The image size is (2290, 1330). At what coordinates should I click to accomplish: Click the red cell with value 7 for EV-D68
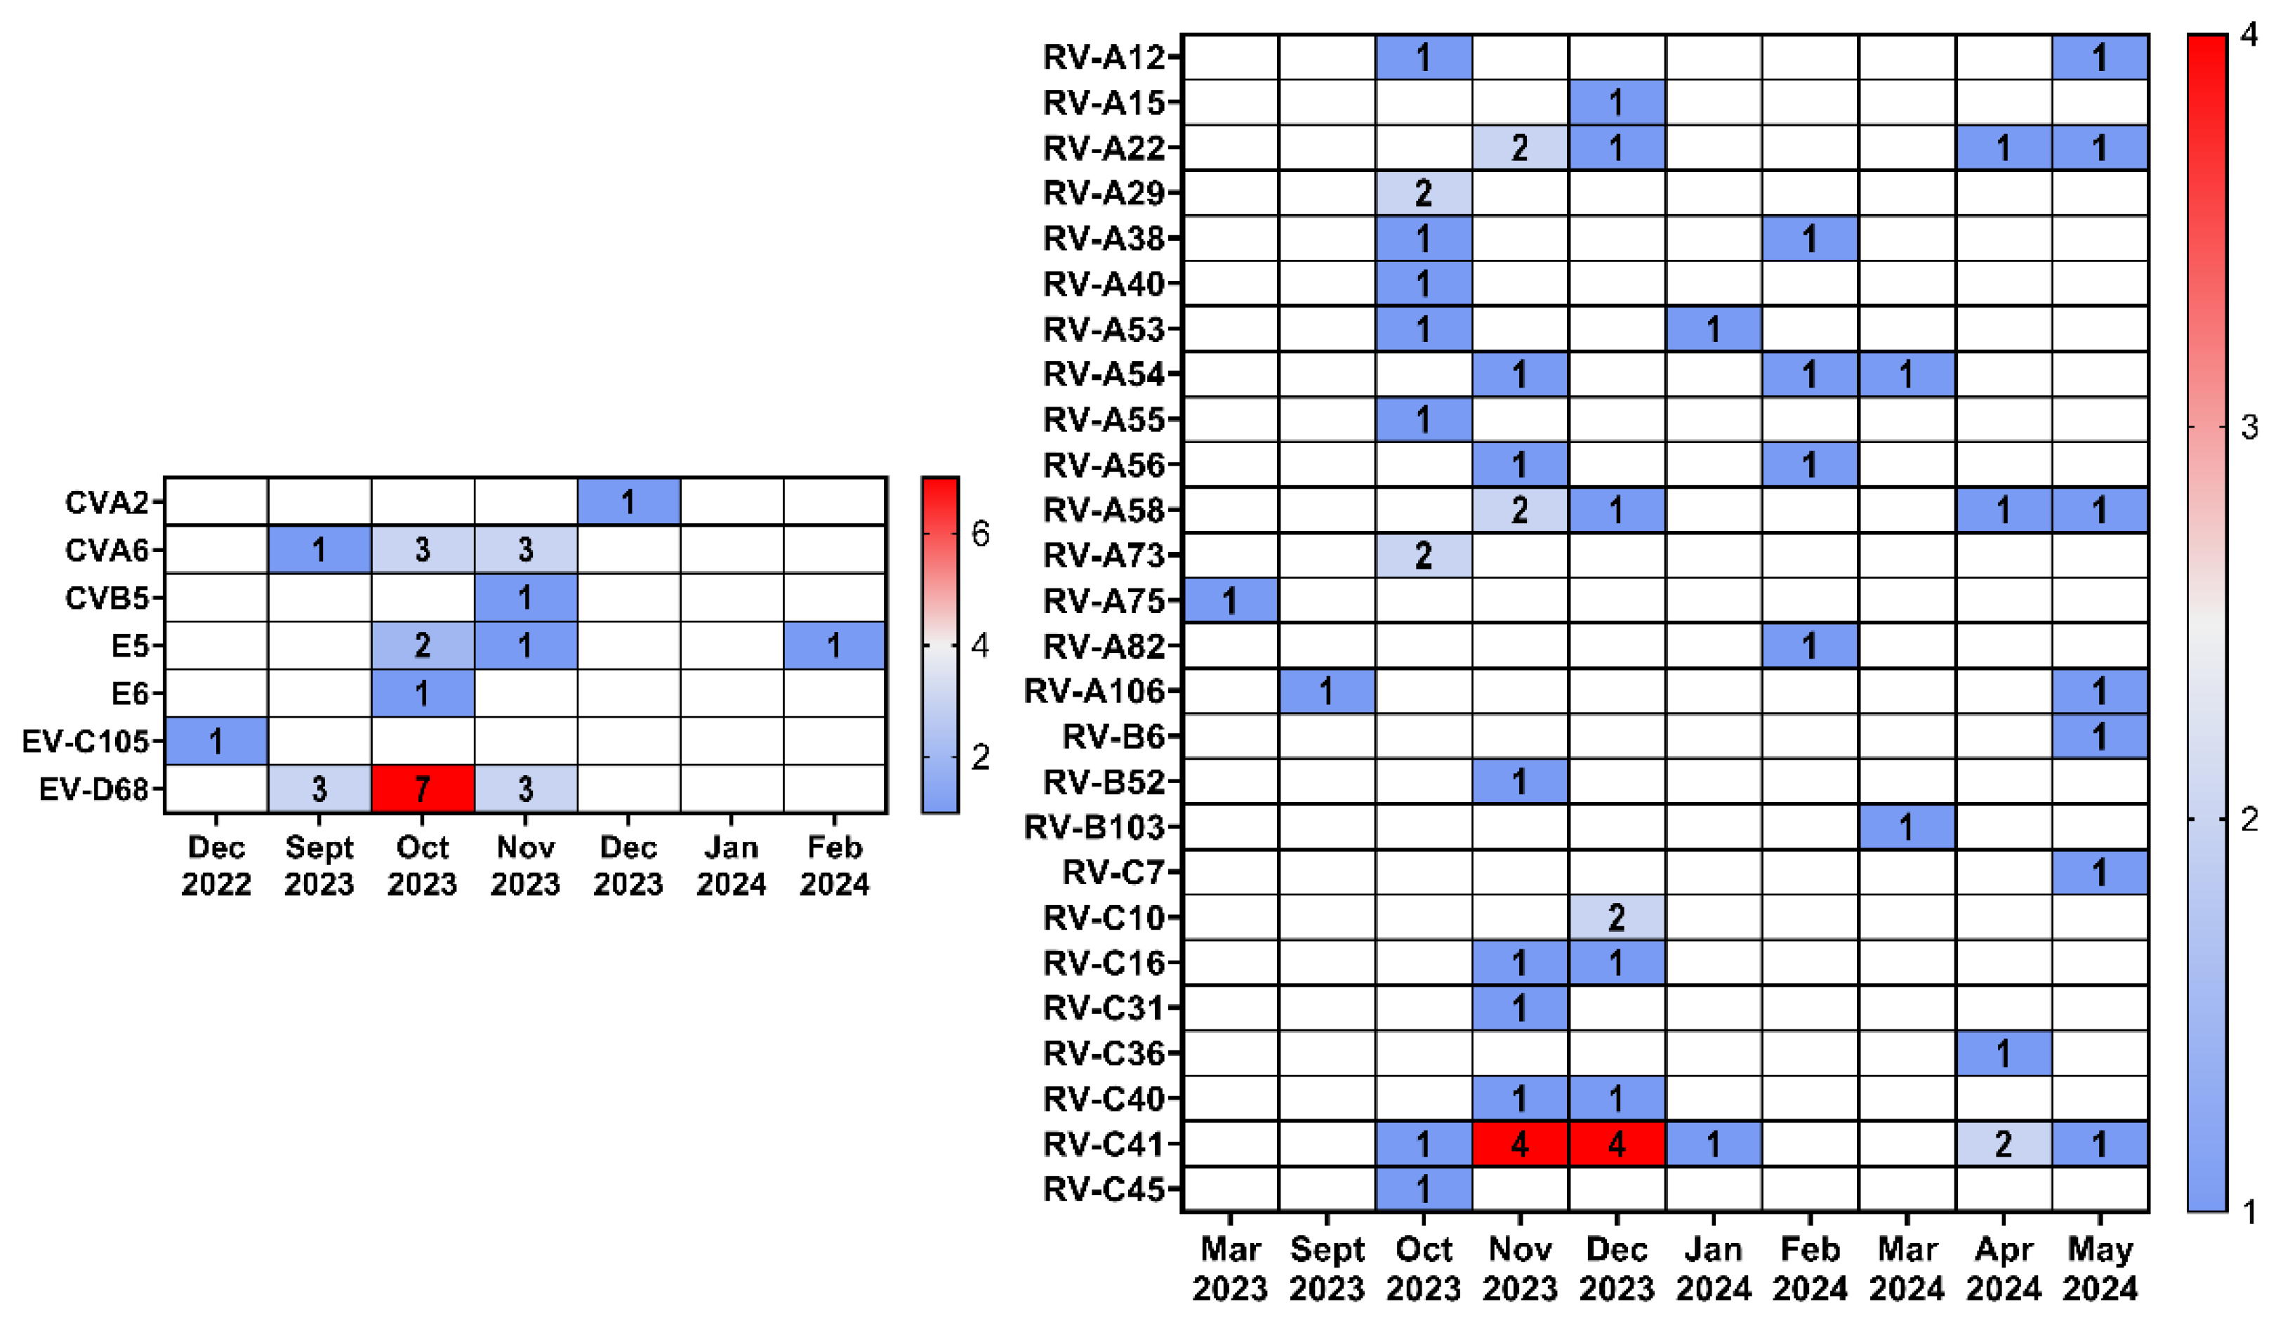(x=422, y=788)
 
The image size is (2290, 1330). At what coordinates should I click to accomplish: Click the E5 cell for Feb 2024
(x=833, y=645)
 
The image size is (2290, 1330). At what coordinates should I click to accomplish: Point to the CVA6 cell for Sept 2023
(x=319, y=550)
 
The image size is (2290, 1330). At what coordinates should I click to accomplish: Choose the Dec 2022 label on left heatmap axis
(x=216, y=864)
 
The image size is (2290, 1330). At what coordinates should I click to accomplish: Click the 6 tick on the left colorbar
(x=979, y=534)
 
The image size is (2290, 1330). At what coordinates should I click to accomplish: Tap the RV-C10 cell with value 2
(x=1616, y=917)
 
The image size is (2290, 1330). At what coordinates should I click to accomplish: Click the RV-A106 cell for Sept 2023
(x=1326, y=692)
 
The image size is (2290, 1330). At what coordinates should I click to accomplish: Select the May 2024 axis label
(x=2099, y=1268)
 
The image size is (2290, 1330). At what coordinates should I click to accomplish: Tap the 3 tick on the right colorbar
(x=2248, y=426)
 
